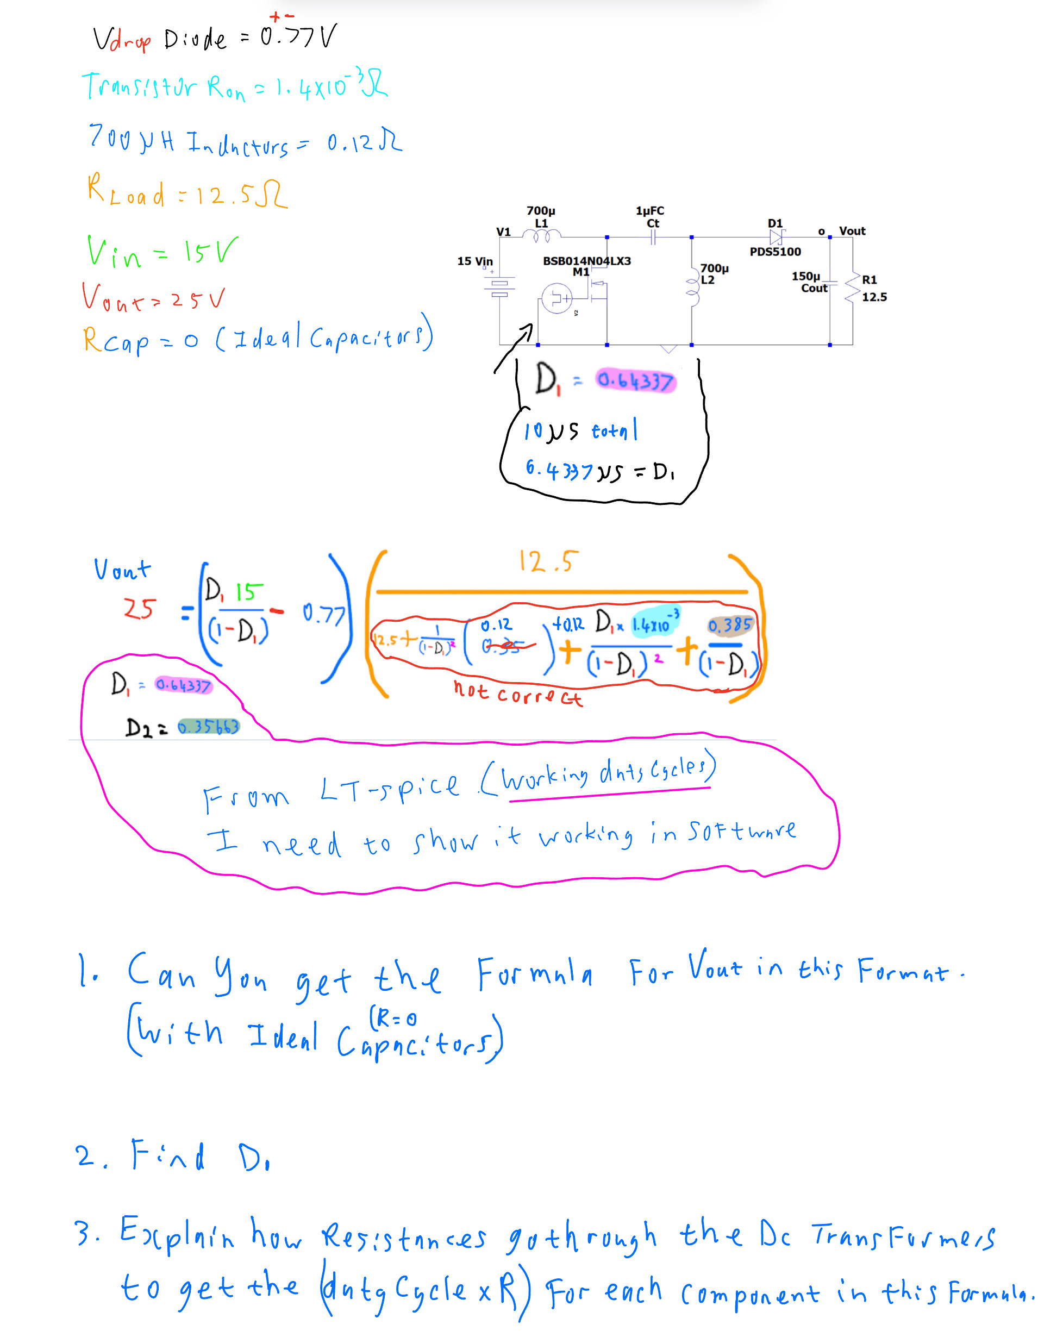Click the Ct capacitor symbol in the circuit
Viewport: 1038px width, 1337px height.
[x=653, y=237]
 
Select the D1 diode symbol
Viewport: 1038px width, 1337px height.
[x=776, y=237]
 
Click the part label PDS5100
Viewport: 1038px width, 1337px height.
[x=775, y=252]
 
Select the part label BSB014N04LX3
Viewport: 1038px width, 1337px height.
[x=586, y=261]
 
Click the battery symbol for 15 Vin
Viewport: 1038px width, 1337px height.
[x=499, y=286]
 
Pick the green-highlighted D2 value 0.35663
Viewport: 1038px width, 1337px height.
[x=208, y=727]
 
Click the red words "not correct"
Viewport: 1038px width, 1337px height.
[x=517, y=694]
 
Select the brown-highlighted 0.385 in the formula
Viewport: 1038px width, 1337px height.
[x=729, y=625]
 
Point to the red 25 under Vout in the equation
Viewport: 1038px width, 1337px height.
[x=140, y=609]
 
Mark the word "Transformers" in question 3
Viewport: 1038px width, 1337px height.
[x=903, y=1236]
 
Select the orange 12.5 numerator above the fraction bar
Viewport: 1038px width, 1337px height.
[x=548, y=561]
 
